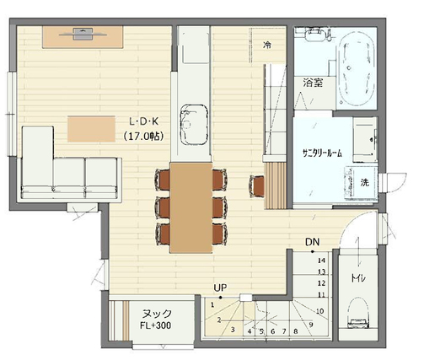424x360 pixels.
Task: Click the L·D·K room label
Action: click(143, 121)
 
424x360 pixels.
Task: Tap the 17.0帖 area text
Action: click(143, 137)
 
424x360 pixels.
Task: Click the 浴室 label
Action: click(313, 83)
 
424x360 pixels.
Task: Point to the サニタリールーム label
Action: click(323, 153)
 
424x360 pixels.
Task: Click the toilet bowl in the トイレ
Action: click(358, 313)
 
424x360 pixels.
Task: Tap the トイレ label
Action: click(358, 278)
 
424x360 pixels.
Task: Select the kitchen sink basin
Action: click(194, 125)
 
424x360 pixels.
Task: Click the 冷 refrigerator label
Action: click(267, 45)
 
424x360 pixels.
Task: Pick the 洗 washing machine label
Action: click(365, 183)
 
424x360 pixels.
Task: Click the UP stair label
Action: click(220, 287)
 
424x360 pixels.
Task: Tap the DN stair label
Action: click(313, 242)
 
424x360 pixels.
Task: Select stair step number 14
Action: click(321, 261)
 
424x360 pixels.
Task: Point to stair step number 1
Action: click(212, 304)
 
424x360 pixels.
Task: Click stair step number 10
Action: click(320, 311)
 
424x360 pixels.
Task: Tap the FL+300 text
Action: click(156, 325)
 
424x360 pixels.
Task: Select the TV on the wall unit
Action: click(83, 34)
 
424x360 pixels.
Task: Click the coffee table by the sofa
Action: click(91, 129)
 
